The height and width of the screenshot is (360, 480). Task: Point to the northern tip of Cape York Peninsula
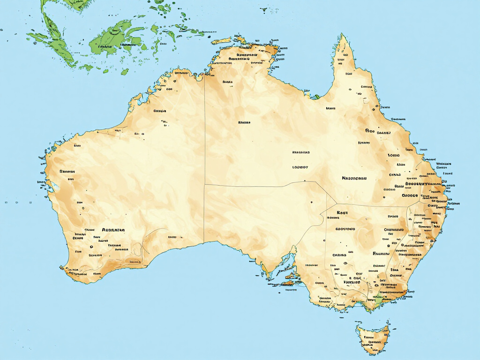[x=343, y=36]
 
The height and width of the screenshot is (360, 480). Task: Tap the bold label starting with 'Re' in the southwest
[x=113, y=230]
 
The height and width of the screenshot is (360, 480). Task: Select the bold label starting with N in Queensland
[x=354, y=178]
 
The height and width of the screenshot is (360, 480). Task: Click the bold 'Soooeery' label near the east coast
[x=417, y=184]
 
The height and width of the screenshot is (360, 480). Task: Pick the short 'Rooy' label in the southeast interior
[x=342, y=212]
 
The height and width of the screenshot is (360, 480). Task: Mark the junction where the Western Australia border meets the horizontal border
[x=205, y=185]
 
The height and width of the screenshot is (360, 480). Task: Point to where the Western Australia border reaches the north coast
[x=205, y=75]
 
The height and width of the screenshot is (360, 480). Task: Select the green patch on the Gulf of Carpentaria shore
[x=315, y=97]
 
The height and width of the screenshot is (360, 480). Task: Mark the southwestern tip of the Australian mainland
[x=63, y=268]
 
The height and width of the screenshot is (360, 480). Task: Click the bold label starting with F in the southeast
[x=381, y=253]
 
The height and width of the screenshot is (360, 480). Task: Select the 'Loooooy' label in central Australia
[x=300, y=166]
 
